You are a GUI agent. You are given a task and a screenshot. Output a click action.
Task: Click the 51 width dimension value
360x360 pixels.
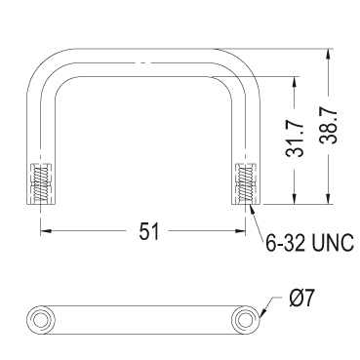tap(149, 231)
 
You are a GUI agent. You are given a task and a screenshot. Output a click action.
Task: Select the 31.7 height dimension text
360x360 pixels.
tap(295, 140)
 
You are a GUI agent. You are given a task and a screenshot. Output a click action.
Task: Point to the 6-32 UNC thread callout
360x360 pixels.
tap(309, 243)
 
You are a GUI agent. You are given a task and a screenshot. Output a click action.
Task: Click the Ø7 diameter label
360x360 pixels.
tap(301, 299)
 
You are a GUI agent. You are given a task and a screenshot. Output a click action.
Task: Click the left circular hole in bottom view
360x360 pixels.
tap(40, 320)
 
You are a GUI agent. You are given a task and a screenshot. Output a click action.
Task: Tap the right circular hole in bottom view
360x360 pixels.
tap(245, 320)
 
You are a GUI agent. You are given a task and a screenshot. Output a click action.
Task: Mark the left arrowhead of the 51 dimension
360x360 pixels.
tap(46, 231)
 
